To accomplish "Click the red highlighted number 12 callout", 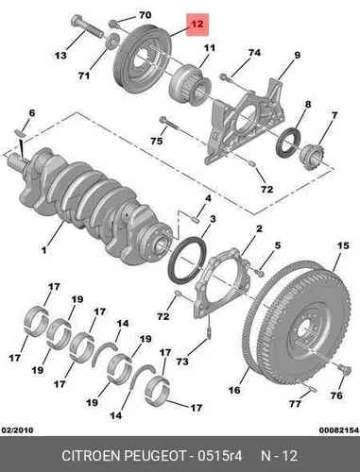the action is [197, 25].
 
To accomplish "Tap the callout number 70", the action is [145, 15].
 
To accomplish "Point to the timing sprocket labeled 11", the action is [190, 81].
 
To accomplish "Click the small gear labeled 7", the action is [311, 156].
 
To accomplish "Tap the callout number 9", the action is [297, 56].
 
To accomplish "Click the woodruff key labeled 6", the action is [20, 132].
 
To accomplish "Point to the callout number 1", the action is [43, 250].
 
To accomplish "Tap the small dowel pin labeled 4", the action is [195, 219].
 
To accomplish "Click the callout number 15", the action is [343, 245].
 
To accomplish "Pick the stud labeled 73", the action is [209, 332].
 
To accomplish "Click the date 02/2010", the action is [18, 430].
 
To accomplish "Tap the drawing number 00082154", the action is [338, 430].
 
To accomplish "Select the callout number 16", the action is [233, 390].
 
